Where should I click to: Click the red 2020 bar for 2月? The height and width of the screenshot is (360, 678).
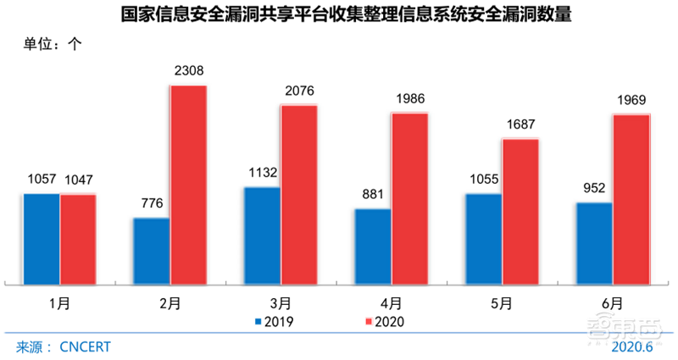point(188,185)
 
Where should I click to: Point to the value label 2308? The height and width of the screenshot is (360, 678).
point(188,72)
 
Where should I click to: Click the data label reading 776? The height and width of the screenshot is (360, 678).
point(152,204)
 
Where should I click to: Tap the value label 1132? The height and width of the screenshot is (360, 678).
point(262,174)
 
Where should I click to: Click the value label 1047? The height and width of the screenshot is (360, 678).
point(78,180)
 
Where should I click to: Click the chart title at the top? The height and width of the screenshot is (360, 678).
point(339,14)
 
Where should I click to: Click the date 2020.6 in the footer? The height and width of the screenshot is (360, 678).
point(633,347)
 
